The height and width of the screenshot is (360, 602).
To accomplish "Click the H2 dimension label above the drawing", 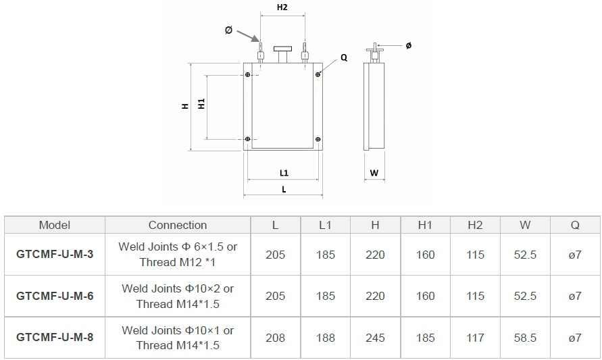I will tap(282, 7).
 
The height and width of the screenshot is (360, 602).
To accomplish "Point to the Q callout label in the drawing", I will tap(344, 58).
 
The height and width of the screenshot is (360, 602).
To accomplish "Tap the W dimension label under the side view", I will tap(374, 173).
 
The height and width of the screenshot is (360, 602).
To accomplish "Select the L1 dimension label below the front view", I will tap(284, 173).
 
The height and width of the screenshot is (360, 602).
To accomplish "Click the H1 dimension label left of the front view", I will tap(201, 104).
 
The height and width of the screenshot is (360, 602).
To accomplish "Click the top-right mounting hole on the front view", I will tap(317, 74).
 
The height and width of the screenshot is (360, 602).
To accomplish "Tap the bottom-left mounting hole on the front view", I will tap(249, 139).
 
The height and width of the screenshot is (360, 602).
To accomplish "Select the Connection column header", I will tap(178, 225).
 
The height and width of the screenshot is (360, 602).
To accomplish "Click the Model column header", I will tap(55, 225).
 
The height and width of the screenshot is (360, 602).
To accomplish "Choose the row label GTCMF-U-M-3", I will tap(55, 255).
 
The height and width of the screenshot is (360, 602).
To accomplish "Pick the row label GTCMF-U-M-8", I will tap(55, 337).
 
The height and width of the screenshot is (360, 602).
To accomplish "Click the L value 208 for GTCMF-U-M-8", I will tap(276, 337).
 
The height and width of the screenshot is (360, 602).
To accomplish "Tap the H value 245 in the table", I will tap(375, 337).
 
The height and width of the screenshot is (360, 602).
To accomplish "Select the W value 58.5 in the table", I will tap(525, 337).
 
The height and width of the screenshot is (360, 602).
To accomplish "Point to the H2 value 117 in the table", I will tap(475, 337).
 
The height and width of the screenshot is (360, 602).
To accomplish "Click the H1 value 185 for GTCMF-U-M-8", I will tap(425, 337).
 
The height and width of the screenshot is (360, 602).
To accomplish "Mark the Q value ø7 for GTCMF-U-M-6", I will tap(575, 296).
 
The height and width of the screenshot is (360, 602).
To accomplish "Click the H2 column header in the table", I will tap(475, 225).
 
